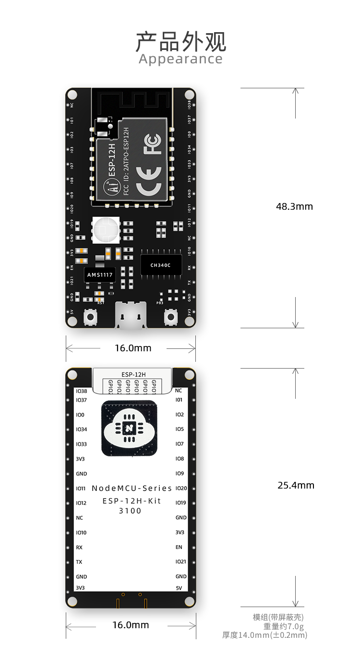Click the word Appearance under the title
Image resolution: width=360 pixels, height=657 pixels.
tap(180, 59)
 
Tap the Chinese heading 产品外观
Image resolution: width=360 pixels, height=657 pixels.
tap(180, 42)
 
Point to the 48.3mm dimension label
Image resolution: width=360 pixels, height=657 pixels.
tap(294, 206)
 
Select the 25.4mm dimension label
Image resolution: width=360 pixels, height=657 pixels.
tap(296, 485)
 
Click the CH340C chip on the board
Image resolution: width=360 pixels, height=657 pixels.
tap(160, 265)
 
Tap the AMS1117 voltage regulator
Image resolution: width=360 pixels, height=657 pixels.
tap(100, 275)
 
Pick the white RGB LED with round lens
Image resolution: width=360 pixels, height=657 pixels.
tap(106, 229)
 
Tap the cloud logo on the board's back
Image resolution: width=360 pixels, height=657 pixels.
tap(129, 428)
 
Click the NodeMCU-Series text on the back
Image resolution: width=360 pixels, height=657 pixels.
tap(132, 488)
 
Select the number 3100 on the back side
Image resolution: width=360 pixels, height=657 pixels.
tap(130, 511)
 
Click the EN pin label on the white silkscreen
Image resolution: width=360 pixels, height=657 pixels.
tap(179, 547)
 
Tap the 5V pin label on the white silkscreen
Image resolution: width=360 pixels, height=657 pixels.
tap(179, 588)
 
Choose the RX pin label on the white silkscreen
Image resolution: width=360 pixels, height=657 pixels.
tap(79, 548)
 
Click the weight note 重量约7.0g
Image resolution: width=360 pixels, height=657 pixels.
tap(283, 626)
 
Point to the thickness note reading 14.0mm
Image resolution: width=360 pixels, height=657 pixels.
tap(264, 635)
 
